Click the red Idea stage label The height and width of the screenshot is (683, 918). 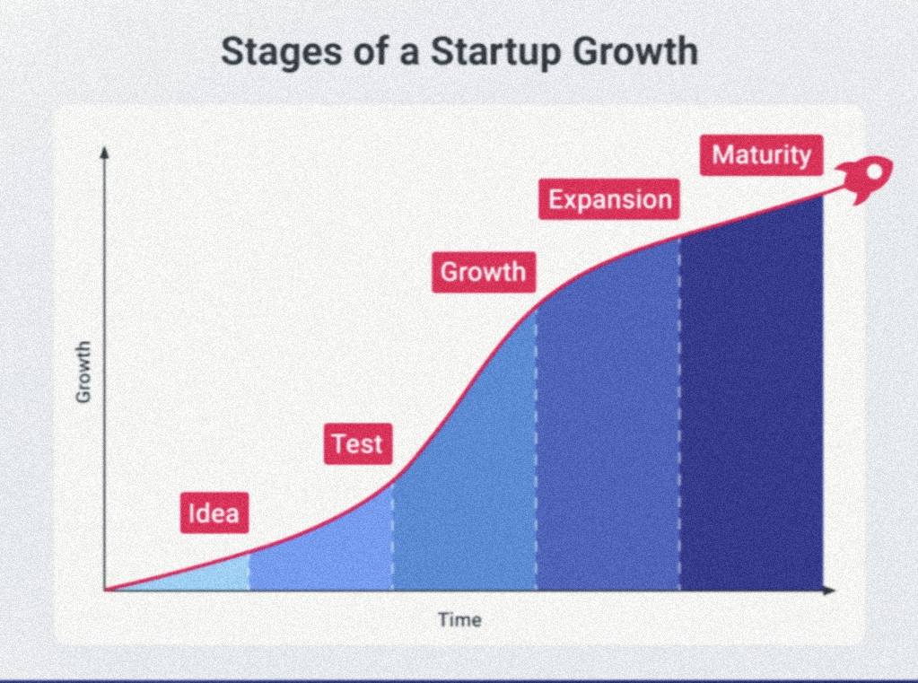(214, 513)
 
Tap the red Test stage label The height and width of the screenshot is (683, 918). (358, 443)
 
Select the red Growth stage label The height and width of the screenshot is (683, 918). (484, 272)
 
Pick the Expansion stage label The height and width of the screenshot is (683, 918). (609, 199)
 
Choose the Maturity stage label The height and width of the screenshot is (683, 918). (761, 155)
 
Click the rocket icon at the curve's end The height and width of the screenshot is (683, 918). (865, 179)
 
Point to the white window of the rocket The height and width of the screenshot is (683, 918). (873, 172)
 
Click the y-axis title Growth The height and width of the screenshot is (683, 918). (83, 372)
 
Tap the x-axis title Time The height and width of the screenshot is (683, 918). (460, 620)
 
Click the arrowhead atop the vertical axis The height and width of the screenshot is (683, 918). (105, 152)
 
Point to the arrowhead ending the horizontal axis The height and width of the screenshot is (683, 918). (829, 590)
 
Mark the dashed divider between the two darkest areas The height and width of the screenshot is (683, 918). (679, 413)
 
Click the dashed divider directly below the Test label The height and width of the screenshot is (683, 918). (392, 536)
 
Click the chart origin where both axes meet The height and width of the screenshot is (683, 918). (105, 590)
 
